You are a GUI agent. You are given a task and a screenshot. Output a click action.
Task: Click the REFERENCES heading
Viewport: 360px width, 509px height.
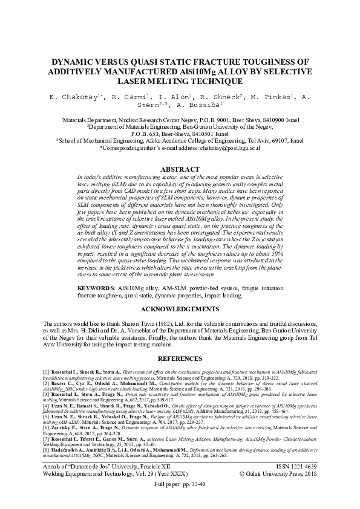(x=180, y=359)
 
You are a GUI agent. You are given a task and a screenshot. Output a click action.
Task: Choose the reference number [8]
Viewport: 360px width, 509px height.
(x=45, y=451)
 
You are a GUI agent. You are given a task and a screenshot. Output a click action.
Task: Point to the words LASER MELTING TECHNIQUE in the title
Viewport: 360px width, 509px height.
(x=180, y=80)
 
